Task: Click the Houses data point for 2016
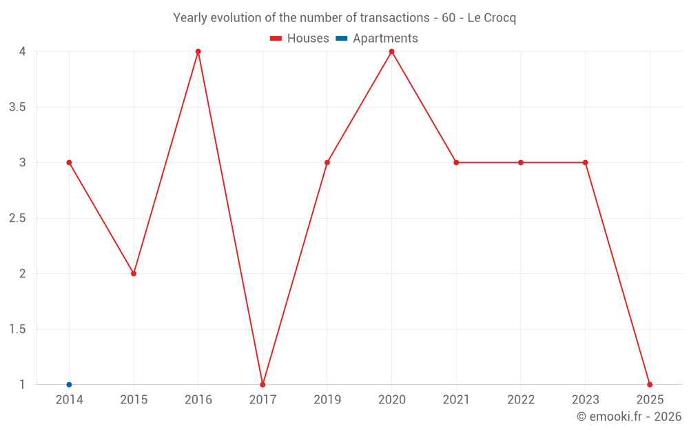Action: click(x=198, y=52)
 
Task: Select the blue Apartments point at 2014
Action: click(x=69, y=385)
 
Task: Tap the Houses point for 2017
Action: click(x=263, y=385)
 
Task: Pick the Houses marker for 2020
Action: click(x=391, y=52)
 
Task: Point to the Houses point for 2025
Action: click(x=650, y=385)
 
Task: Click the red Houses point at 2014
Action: click(x=69, y=163)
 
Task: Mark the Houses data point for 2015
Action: click(x=134, y=274)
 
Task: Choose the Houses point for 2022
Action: click(x=521, y=163)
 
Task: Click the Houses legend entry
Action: click(x=300, y=39)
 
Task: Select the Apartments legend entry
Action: click(x=377, y=39)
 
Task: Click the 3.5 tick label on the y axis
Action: click(x=17, y=107)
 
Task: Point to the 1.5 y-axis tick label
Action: click(x=17, y=329)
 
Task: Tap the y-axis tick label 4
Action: click(x=23, y=52)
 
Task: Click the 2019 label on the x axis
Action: click(x=327, y=399)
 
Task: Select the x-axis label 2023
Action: click(x=585, y=399)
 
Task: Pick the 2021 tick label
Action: click(x=456, y=399)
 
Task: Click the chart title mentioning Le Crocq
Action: click(x=344, y=18)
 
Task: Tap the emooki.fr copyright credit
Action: click(x=629, y=417)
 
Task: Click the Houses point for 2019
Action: click(x=327, y=163)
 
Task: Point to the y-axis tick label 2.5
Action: click(x=17, y=218)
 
